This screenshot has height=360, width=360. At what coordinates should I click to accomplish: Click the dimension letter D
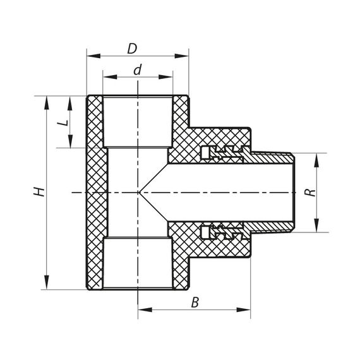131,48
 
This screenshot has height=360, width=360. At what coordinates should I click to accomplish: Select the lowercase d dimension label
137,69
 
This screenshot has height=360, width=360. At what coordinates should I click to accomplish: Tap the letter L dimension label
63,122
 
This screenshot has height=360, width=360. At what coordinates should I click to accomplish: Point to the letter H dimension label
39,192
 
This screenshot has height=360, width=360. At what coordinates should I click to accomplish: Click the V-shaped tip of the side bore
141,192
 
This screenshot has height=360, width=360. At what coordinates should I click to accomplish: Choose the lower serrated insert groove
222,231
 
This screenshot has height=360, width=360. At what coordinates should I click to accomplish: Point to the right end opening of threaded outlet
294,192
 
